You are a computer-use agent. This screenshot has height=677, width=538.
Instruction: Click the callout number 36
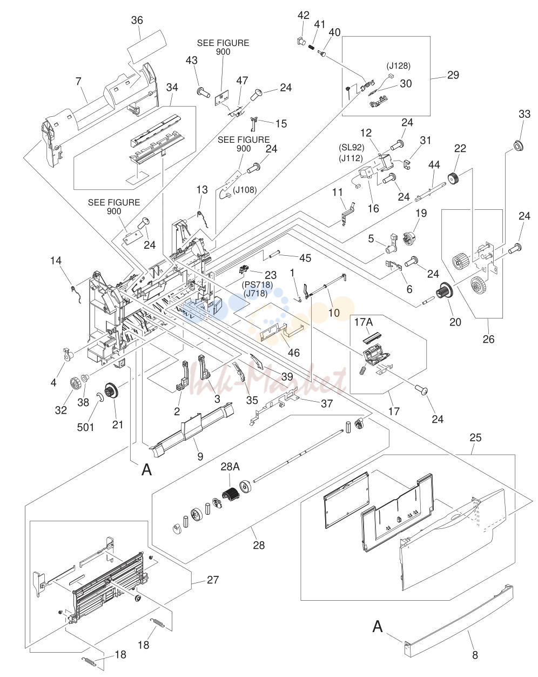(x=137, y=21)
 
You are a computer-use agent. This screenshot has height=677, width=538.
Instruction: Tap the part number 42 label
(x=303, y=16)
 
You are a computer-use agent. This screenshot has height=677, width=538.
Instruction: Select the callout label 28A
(x=230, y=467)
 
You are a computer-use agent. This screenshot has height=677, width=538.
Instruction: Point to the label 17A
(x=364, y=322)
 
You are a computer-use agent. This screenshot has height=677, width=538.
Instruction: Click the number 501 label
(x=85, y=427)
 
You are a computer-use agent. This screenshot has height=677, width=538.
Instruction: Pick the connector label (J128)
(x=398, y=66)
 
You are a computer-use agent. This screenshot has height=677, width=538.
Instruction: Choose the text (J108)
(x=245, y=190)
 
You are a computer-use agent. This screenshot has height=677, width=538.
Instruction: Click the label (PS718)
(x=257, y=284)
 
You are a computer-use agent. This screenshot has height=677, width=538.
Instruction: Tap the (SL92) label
(x=351, y=148)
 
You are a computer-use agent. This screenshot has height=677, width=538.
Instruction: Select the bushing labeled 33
(x=518, y=147)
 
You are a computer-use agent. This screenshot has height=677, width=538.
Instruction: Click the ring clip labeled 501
(x=99, y=397)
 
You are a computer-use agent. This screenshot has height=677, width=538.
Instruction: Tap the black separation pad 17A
(x=371, y=337)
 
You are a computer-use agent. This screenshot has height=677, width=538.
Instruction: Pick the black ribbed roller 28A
(x=230, y=497)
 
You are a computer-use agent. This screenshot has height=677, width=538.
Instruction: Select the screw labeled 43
(x=204, y=92)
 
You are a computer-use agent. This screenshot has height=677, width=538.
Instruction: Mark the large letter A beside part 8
(x=378, y=627)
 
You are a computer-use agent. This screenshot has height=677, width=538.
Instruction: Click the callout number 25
(x=475, y=437)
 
